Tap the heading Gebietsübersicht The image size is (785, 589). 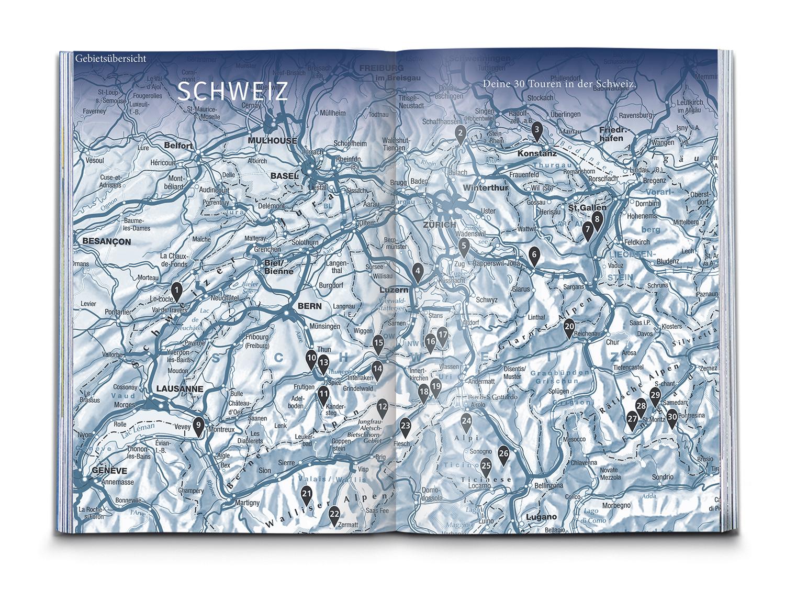pos(110,58)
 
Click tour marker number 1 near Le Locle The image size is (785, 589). pos(177,290)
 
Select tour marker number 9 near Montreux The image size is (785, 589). pos(198,426)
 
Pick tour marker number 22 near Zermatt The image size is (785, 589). pos(334,514)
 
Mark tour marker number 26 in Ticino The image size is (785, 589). pos(503,453)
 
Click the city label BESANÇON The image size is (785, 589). pos(106,241)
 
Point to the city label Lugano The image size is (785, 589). pos(539,517)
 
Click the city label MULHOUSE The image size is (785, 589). pos(272,140)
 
